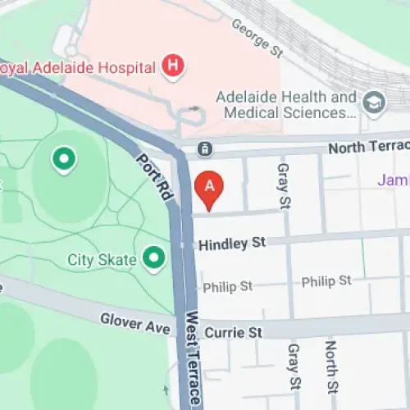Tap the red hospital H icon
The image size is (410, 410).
[x=172, y=65]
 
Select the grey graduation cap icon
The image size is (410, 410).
[x=375, y=104]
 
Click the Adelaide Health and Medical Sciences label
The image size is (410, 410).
[x=286, y=104]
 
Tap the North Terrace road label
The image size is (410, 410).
[x=367, y=147]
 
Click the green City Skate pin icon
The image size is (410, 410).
[x=152, y=259]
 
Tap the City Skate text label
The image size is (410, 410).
[x=102, y=261]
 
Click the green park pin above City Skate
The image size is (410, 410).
[x=62, y=159]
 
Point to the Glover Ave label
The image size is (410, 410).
[x=135, y=323]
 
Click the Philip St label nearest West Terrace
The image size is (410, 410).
[x=228, y=286]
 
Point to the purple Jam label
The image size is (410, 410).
[x=393, y=180]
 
